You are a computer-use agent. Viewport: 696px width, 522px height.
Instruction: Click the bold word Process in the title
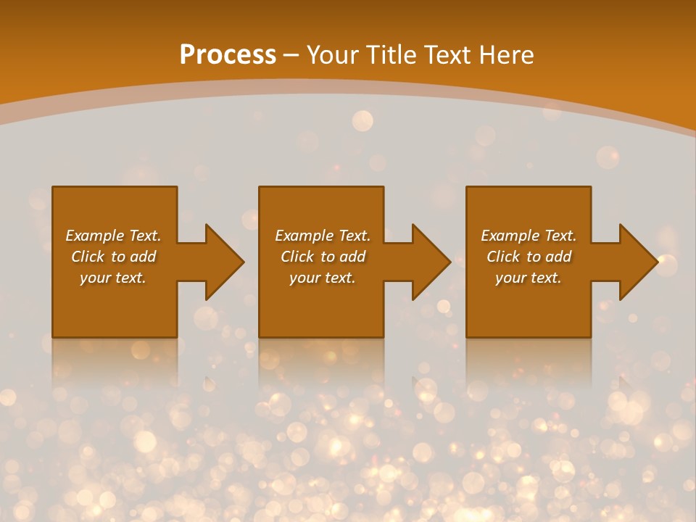[228, 55]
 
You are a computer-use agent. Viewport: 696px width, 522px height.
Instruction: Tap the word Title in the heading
[390, 55]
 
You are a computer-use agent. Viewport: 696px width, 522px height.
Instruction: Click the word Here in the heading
[507, 55]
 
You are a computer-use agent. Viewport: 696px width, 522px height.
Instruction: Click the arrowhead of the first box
[222, 262]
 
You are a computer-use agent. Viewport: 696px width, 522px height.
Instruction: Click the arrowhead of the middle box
[429, 262]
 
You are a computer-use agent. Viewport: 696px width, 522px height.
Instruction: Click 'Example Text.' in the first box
[113, 236]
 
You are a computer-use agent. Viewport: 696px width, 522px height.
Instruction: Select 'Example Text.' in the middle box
[323, 236]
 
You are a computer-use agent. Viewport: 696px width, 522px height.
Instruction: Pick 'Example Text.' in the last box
[529, 236]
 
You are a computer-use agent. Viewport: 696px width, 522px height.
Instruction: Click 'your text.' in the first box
[113, 278]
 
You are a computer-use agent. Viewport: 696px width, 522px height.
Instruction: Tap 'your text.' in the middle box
[323, 278]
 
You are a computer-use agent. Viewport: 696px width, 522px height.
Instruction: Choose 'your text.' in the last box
[529, 278]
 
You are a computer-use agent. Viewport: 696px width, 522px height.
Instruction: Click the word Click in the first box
[88, 257]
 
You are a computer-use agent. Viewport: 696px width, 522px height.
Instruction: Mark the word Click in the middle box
[297, 257]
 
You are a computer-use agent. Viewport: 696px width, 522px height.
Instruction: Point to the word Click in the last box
[503, 257]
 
